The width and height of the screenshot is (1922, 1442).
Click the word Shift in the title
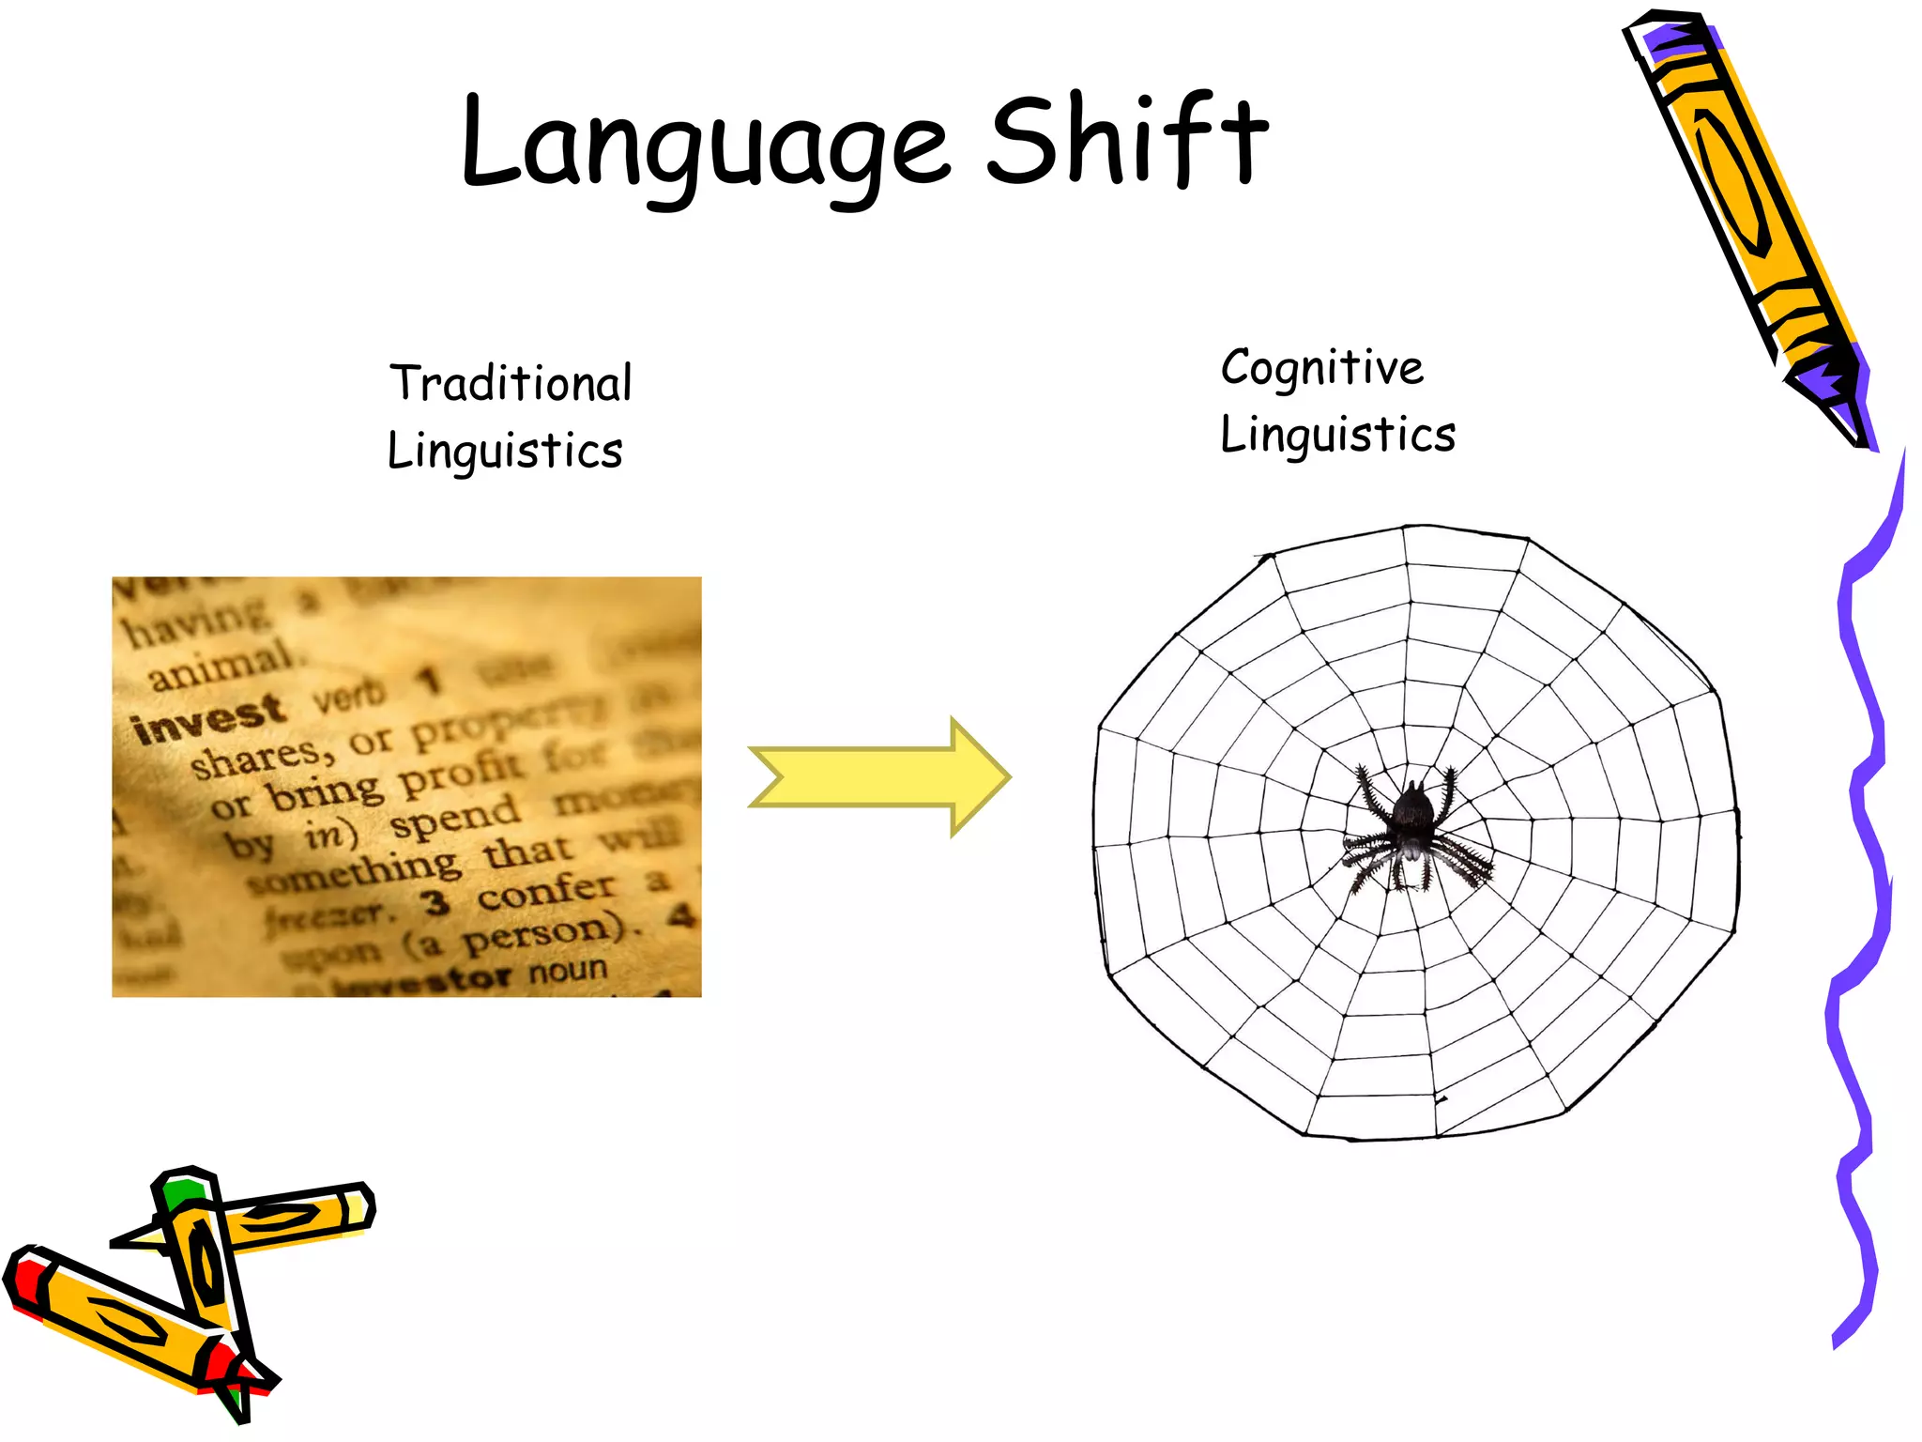[1126, 141]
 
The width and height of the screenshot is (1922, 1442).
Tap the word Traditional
[511, 383]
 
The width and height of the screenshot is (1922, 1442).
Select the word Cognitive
[1321, 367]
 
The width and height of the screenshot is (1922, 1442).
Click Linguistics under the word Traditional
[505, 451]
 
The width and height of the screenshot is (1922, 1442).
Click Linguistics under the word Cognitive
[1337, 435]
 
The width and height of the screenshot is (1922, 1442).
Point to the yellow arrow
[878, 776]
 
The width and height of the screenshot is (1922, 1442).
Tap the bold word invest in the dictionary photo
[208, 718]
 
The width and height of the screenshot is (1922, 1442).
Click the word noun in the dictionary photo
[568, 970]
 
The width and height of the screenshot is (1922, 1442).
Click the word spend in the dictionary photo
[455, 818]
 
